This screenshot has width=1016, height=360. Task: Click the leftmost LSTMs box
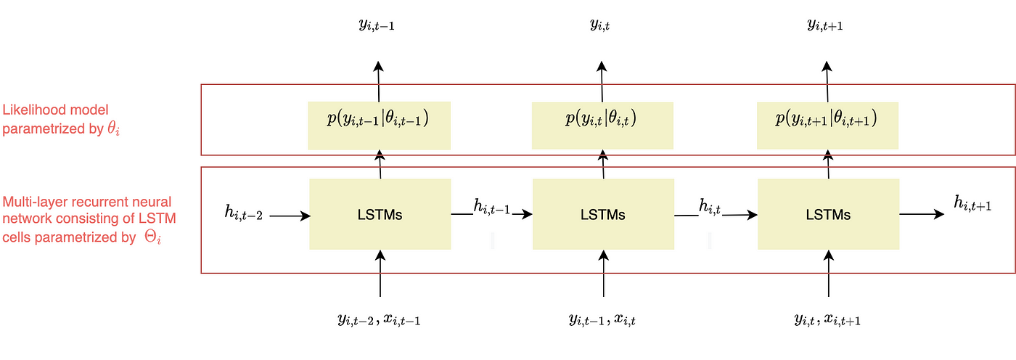380,214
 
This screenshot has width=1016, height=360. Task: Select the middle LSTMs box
602,214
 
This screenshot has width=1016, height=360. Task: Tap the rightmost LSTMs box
828,214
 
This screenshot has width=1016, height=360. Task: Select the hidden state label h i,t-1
491,207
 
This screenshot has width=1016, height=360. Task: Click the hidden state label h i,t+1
972,203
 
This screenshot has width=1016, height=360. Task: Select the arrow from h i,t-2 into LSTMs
291,216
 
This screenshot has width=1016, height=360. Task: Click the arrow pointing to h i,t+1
922,214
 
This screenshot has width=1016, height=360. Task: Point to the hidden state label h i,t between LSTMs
710,207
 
